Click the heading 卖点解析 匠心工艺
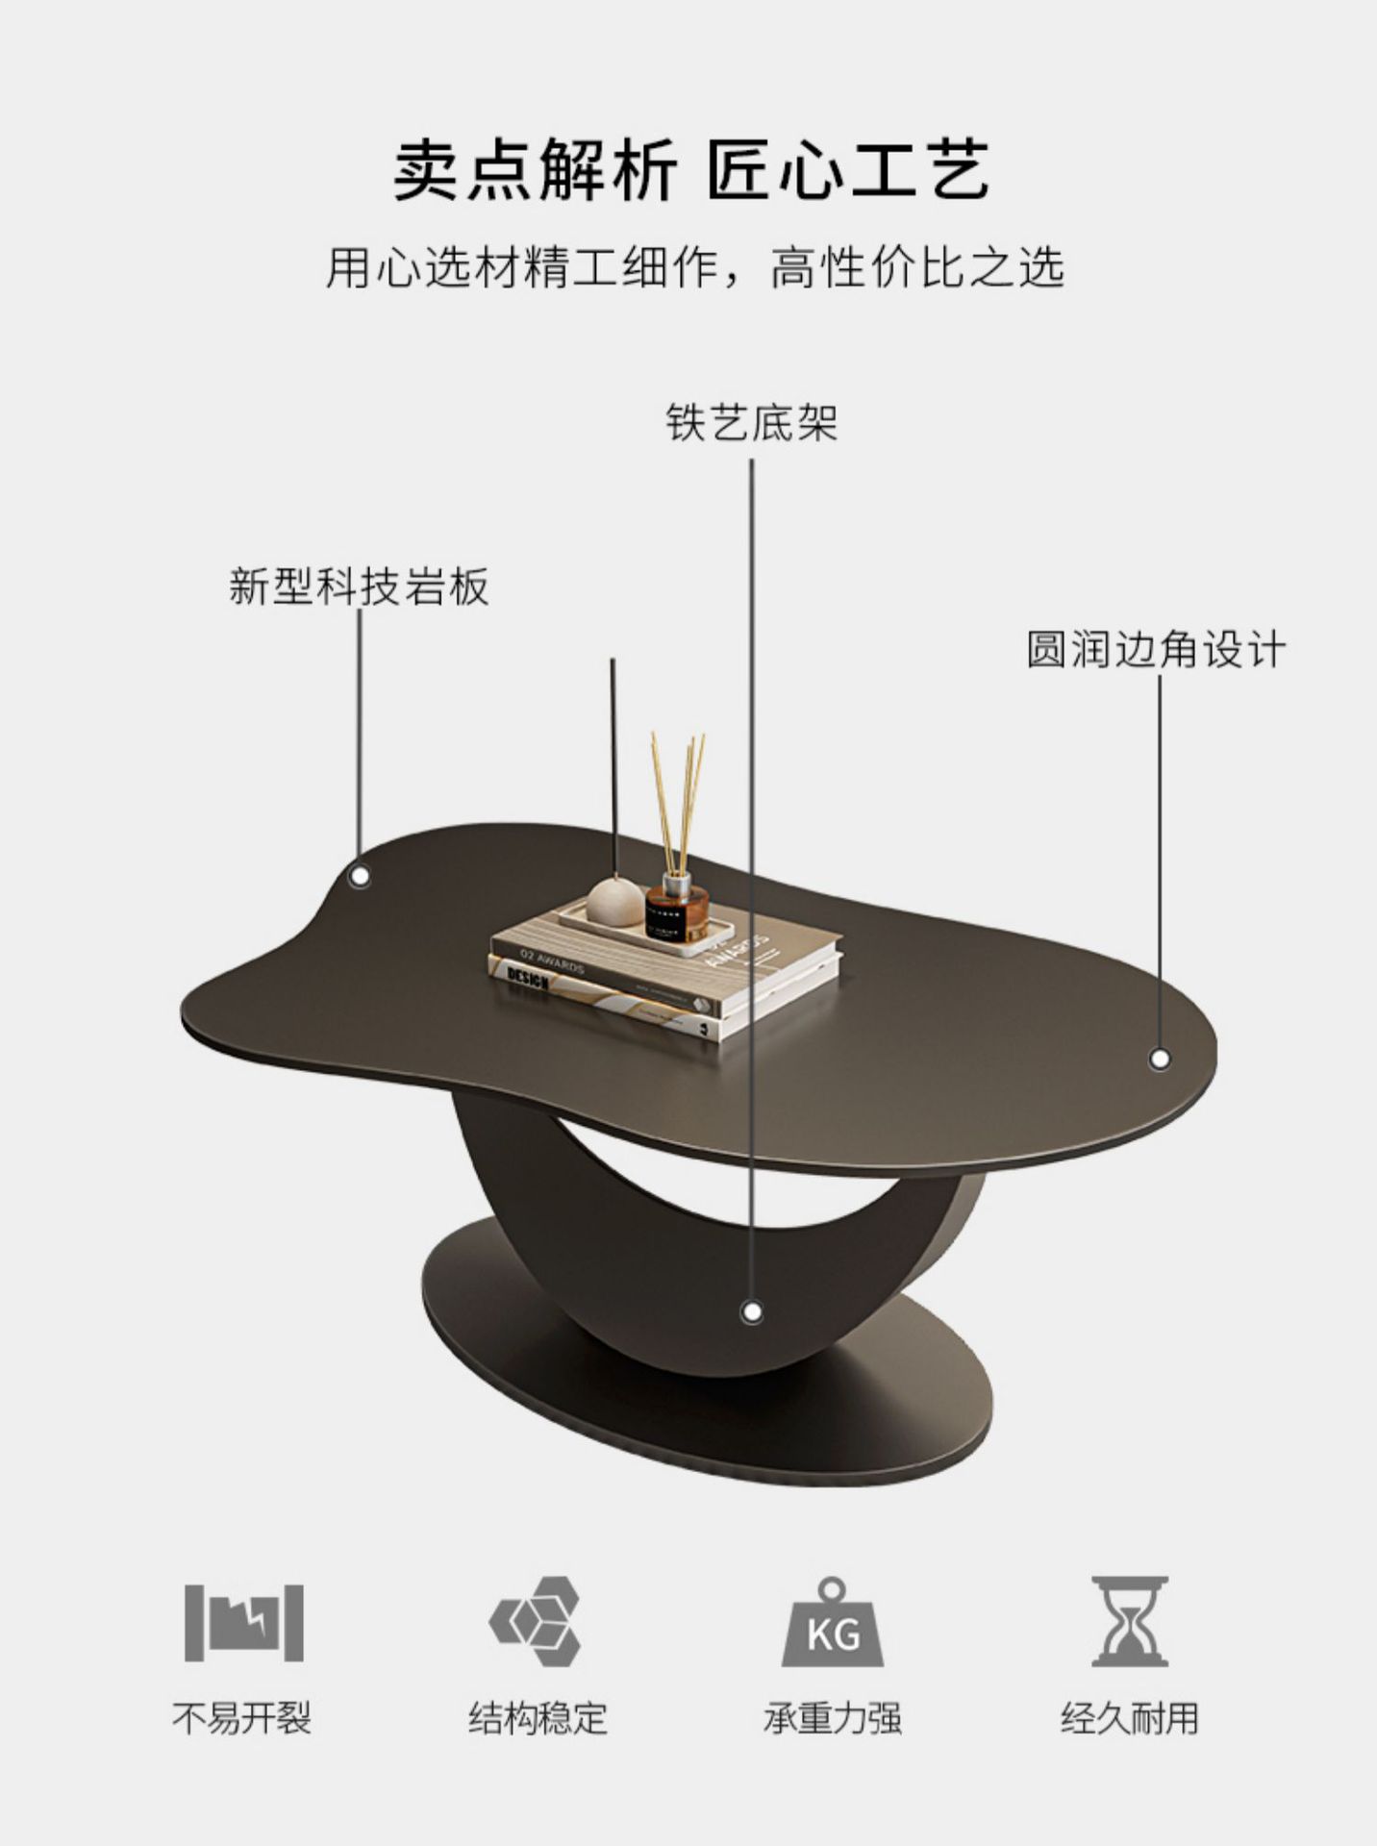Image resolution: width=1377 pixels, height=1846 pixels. (690, 170)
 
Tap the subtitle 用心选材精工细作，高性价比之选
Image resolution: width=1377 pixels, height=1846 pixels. (694, 267)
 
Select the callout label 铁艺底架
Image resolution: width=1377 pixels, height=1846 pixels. (752, 423)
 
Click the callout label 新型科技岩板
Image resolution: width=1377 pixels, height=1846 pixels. (359, 586)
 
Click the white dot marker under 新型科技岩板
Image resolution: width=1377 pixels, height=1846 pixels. (361, 876)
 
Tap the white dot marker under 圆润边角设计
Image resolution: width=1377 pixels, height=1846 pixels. (1161, 1059)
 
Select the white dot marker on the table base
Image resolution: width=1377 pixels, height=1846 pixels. (753, 1311)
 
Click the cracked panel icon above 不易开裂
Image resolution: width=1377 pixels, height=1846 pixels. (243, 1623)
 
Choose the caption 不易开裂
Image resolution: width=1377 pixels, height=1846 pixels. (241, 1717)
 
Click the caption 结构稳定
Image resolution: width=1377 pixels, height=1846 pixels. (538, 1717)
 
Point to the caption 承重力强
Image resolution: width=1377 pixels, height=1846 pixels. (833, 1717)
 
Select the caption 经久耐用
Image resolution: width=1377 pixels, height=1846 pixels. (1130, 1717)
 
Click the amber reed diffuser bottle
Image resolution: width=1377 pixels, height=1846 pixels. (677, 909)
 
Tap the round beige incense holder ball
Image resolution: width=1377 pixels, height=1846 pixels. (615, 902)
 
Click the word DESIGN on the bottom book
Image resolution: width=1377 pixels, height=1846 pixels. (528, 980)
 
